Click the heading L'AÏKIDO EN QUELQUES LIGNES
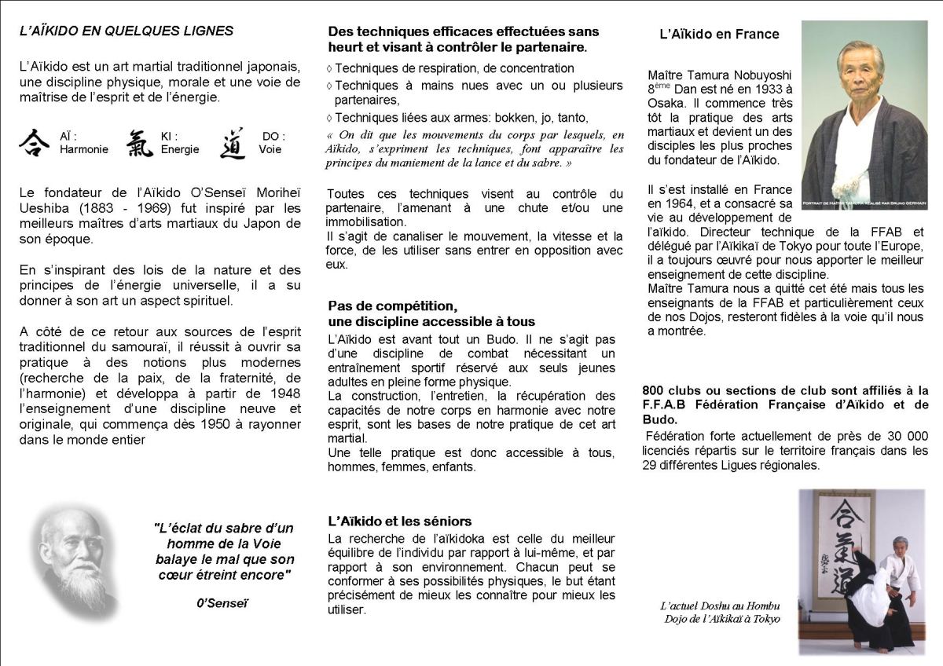127,31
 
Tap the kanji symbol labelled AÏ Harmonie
34,143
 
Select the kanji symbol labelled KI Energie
140,143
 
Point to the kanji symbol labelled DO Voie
233,143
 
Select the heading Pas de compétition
393,306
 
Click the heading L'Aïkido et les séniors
399,521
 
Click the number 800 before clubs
654,390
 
